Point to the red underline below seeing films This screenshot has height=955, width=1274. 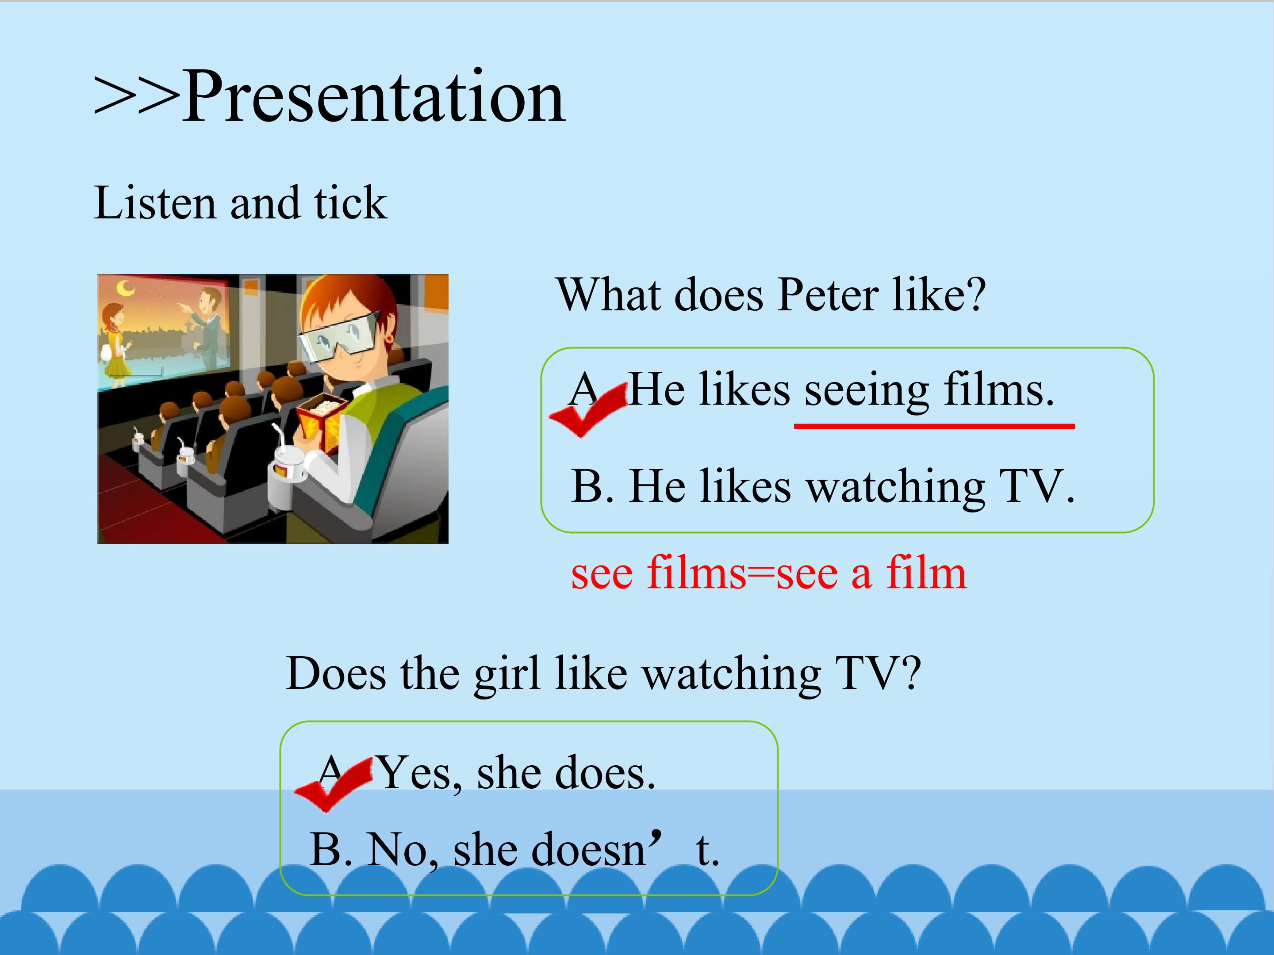(934, 426)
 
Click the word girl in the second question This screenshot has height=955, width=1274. (507, 674)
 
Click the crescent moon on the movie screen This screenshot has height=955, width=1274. (126, 288)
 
